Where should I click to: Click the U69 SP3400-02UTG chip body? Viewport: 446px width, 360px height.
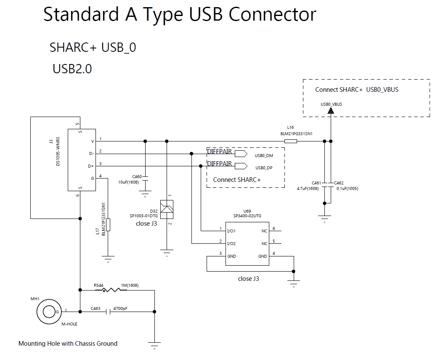pos(247,243)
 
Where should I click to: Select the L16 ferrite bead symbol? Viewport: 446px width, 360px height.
pos(290,141)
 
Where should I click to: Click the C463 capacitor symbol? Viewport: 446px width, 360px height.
pos(109,312)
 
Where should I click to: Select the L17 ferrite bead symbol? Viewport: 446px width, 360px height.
pos(108,225)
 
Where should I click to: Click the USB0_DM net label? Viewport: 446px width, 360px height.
pos(264,155)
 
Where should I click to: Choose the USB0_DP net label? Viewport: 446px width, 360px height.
pos(264,168)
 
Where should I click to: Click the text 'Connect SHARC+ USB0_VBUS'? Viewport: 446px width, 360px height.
pos(356,90)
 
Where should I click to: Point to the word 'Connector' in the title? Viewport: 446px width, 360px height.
pos(272,15)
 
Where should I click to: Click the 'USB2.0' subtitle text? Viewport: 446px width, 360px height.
pos(72,69)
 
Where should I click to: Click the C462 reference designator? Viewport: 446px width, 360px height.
pos(339,183)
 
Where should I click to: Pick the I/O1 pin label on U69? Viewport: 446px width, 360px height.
pos(231,231)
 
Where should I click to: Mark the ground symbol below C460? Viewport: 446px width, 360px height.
pos(145,195)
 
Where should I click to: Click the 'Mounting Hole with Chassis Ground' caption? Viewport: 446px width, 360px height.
pos(68,344)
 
